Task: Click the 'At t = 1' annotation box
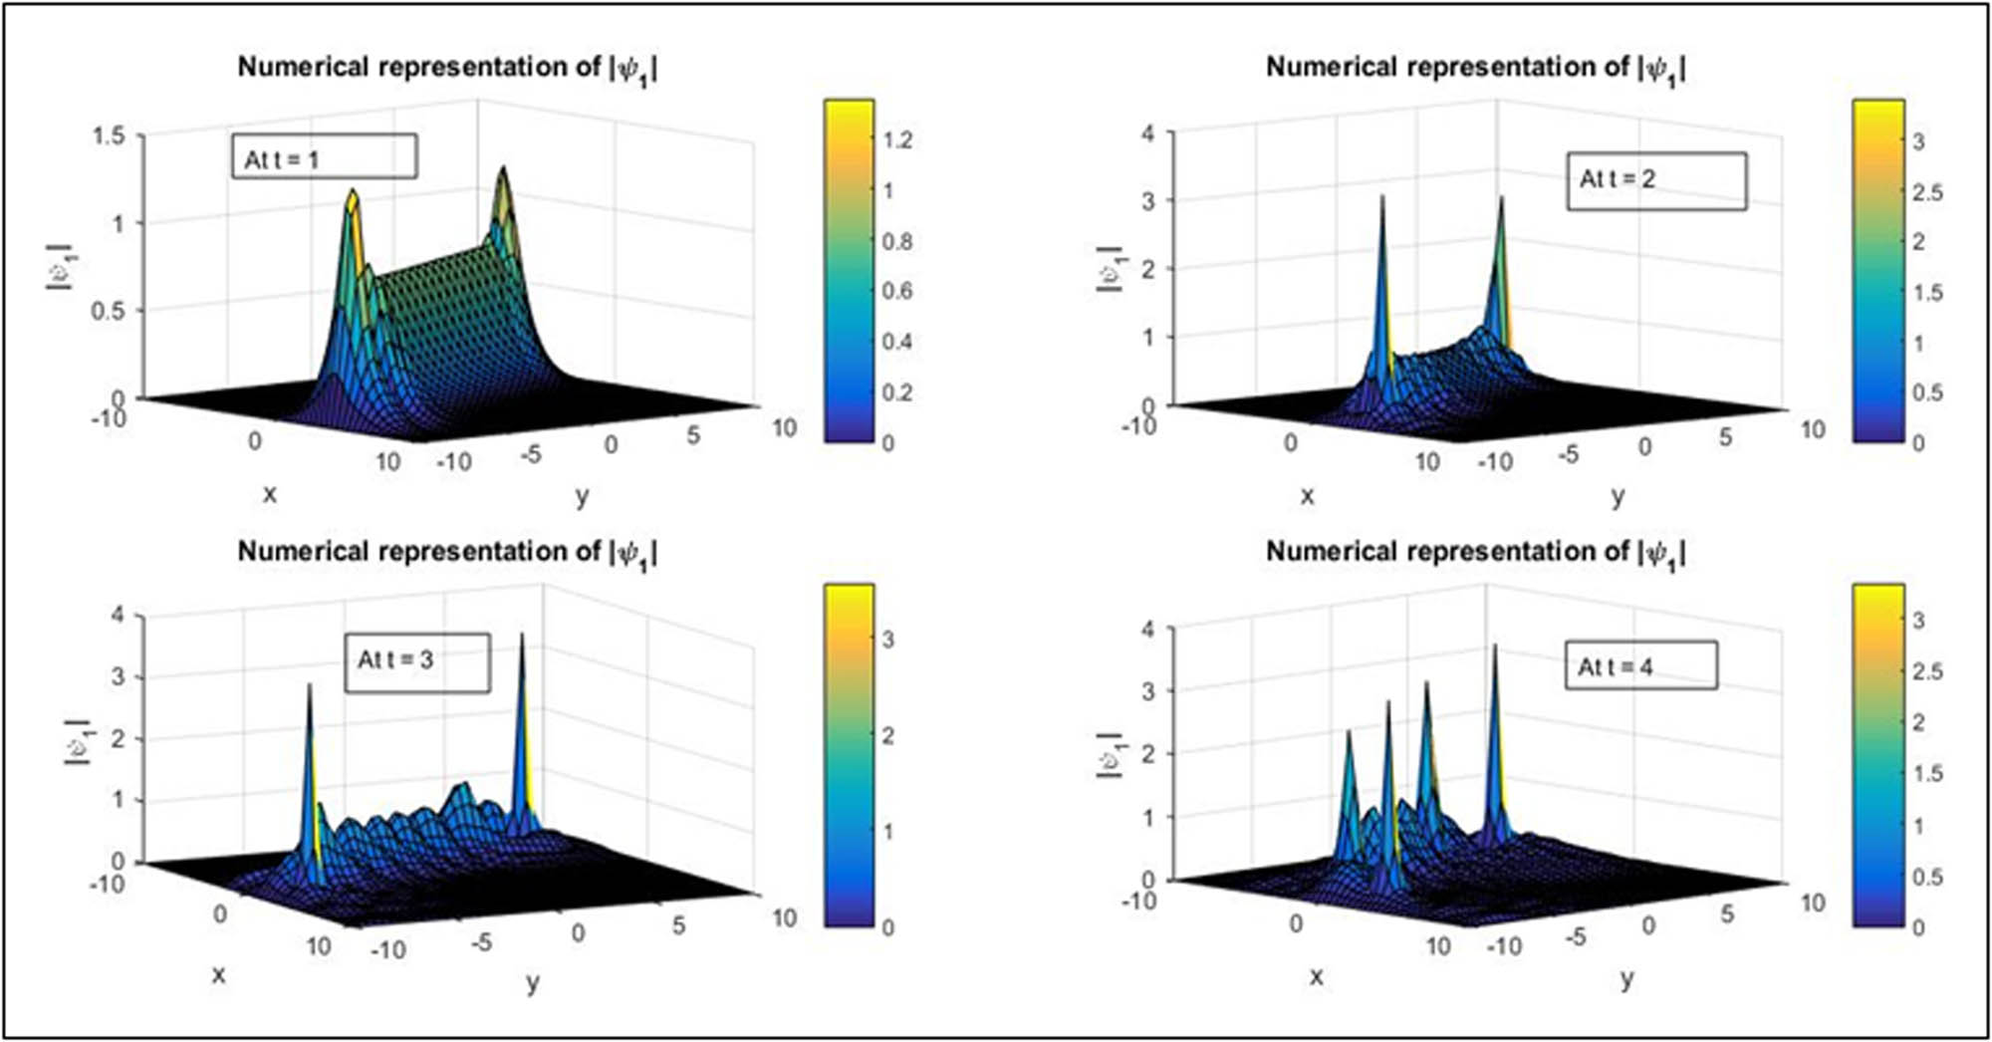coord(324,157)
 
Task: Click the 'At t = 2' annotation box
coord(1655,180)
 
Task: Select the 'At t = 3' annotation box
coord(417,661)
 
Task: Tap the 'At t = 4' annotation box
coord(1640,665)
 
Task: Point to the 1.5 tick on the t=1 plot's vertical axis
coord(110,135)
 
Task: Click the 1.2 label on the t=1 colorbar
coord(896,139)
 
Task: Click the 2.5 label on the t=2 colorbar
coord(1927,192)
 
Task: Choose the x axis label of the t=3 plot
coord(218,974)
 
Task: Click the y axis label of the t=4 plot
coord(1626,978)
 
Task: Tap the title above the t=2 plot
coord(1475,68)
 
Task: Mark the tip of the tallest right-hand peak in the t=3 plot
coord(522,636)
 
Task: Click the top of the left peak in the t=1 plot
coord(352,191)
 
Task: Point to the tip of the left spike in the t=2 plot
coord(1382,197)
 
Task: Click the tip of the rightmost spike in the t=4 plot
coord(1494,647)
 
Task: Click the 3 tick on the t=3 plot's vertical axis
coord(118,677)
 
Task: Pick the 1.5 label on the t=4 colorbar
coord(1927,774)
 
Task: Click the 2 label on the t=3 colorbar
coord(887,735)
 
